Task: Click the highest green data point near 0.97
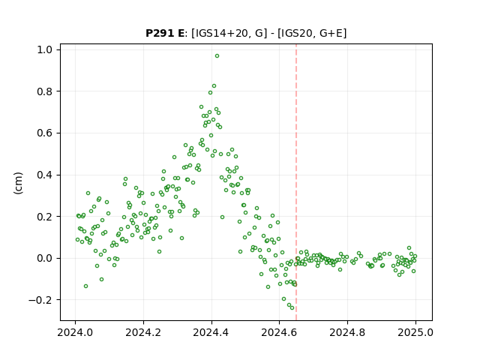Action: tap(217, 56)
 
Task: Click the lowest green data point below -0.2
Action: tap(292, 308)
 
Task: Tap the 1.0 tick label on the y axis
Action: tap(44, 49)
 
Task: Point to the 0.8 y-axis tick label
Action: tap(44, 91)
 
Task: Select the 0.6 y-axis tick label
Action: tap(44, 133)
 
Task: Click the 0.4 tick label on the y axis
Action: tap(44, 175)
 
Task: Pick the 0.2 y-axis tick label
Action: tap(44, 217)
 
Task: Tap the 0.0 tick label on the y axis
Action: tap(44, 258)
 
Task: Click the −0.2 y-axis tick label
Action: tap(40, 300)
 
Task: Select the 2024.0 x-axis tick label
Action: tap(75, 332)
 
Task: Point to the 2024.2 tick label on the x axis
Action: tap(143, 332)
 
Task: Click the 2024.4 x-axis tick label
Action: tap(211, 332)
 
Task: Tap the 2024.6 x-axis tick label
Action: tap(279, 332)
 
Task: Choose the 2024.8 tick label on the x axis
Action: tap(347, 332)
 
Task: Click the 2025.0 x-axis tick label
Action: tap(415, 332)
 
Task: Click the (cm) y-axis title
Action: tap(18, 183)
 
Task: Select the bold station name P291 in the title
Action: tap(160, 33)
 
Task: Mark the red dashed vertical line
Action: tap(296, 182)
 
